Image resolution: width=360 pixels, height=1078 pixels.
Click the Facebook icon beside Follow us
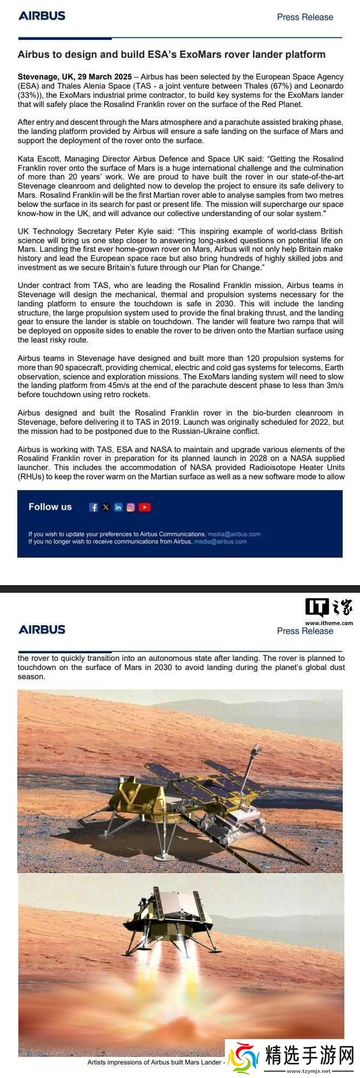[94, 507]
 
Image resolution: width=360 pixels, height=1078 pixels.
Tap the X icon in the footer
[106, 507]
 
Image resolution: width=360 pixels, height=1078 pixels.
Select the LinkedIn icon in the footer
[118, 507]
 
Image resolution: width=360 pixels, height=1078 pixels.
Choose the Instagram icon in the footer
[131, 507]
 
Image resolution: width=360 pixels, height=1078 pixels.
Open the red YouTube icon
[144, 507]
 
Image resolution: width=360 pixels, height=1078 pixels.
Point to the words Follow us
[50, 507]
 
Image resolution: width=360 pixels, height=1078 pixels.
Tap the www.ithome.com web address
[329, 622]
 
